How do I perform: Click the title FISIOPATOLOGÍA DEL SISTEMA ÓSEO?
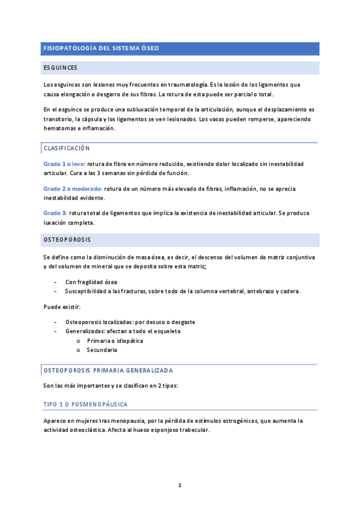[x=101, y=48]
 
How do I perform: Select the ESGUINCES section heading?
[x=60, y=68]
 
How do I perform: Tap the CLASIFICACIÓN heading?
[x=66, y=148]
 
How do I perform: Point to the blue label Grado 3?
[x=55, y=213]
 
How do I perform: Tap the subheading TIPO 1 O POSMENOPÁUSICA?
[x=85, y=404]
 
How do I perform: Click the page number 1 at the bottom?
[x=180, y=485]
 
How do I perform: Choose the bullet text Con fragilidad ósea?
[x=91, y=281]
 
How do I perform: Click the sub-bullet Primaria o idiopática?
[x=115, y=340]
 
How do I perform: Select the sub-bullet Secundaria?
[x=102, y=349]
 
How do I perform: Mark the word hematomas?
[x=59, y=128]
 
